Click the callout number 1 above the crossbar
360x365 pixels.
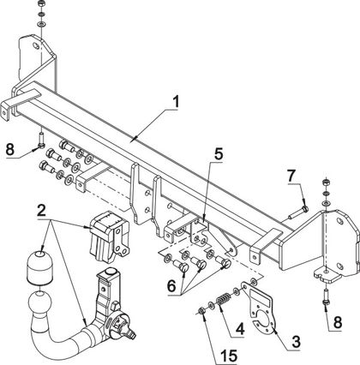(x=176, y=102)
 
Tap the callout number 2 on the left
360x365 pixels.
(x=41, y=211)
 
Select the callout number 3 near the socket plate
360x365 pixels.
(x=296, y=342)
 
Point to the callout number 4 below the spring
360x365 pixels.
(x=240, y=329)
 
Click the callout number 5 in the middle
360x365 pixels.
(x=219, y=154)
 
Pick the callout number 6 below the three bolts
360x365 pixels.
(x=171, y=286)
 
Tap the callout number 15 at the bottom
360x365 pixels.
(x=229, y=356)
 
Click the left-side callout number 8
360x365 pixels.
(x=10, y=149)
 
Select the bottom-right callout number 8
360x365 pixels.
(x=338, y=323)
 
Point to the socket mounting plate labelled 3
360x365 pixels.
(x=259, y=308)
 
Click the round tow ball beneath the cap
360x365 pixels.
(x=39, y=302)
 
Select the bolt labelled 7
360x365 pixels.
(x=297, y=212)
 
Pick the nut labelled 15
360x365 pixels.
(x=201, y=310)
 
